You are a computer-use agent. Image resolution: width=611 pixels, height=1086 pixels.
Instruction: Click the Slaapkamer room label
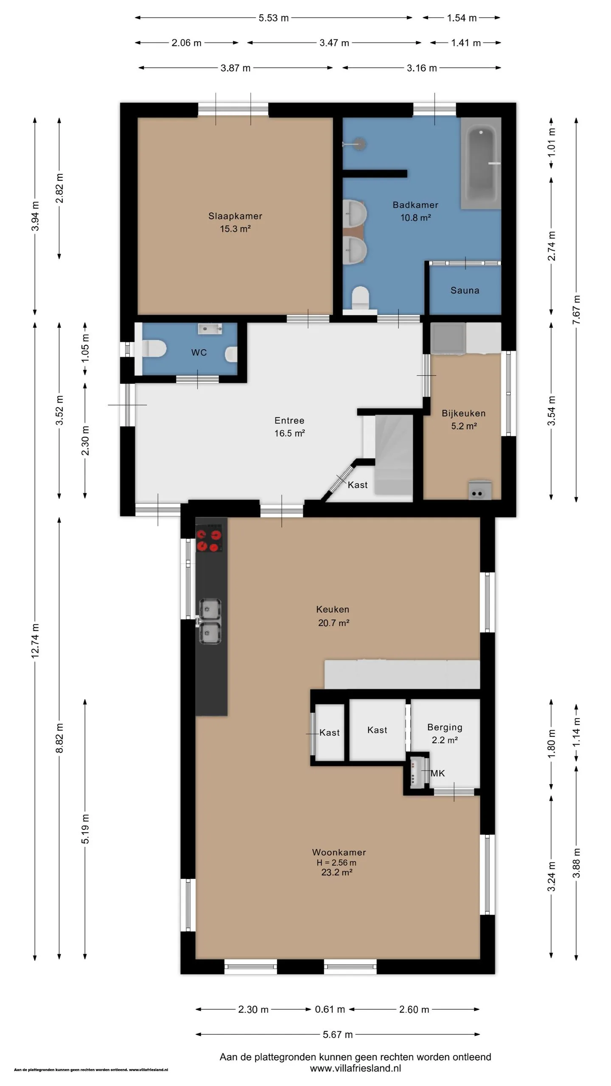click(x=235, y=216)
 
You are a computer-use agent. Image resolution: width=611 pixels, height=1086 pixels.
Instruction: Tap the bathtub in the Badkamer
click(x=481, y=163)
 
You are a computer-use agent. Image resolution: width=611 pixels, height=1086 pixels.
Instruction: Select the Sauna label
click(x=465, y=291)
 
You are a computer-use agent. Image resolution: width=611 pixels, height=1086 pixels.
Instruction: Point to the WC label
click(x=199, y=353)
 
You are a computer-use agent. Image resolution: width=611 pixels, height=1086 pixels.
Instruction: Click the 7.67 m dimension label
click(x=576, y=310)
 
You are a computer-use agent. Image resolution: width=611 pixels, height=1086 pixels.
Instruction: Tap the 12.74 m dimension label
click(x=35, y=641)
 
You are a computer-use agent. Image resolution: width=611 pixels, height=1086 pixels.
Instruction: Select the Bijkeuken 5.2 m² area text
click(x=464, y=426)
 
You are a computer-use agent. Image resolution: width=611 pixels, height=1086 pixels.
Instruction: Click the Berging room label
click(x=445, y=727)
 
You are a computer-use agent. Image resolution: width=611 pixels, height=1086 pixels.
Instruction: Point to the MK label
click(x=438, y=773)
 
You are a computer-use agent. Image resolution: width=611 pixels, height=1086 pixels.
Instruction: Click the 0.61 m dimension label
click(x=330, y=1009)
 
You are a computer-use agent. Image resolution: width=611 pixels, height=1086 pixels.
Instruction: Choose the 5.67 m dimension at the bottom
click(x=338, y=1035)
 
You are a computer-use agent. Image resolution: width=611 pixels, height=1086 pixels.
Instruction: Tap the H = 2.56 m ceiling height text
click(x=336, y=862)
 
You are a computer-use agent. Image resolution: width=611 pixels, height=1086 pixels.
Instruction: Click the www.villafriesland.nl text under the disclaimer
click(x=355, y=1068)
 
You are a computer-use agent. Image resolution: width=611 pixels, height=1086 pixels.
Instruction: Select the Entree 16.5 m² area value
click(x=290, y=433)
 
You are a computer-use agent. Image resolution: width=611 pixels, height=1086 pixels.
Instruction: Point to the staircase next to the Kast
click(x=393, y=455)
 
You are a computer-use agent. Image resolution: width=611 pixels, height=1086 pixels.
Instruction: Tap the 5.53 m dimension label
click(x=274, y=18)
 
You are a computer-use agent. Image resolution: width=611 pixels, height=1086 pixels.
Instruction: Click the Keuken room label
click(x=333, y=610)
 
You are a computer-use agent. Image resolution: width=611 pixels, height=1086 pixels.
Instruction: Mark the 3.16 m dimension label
click(x=422, y=68)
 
